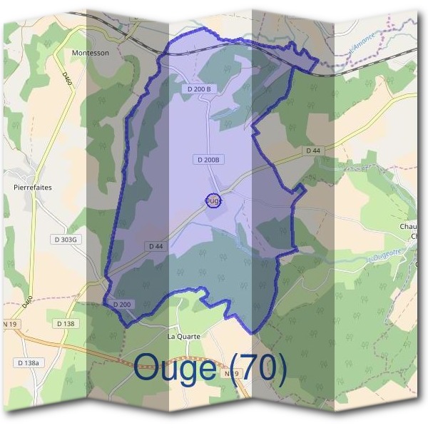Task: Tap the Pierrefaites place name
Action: (33, 188)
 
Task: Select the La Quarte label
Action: (184, 335)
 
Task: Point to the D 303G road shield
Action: (63, 240)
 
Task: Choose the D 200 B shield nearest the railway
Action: (200, 88)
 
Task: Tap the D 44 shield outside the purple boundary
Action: (313, 151)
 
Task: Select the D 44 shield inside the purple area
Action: (156, 245)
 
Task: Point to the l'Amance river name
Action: (363, 50)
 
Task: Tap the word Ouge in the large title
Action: (174, 368)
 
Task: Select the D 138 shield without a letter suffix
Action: (66, 324)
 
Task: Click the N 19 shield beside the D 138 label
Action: (10, 324)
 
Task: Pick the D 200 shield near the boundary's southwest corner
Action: (121, 305)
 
